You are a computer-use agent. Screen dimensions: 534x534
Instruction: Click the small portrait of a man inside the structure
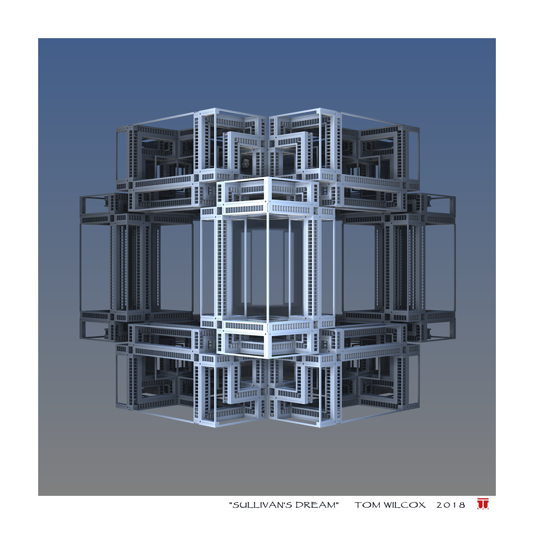(x=246, y=166)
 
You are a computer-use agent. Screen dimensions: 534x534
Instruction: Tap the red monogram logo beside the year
(x=483, y=504)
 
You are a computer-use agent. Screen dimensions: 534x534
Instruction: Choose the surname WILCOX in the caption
(x=405, y=505)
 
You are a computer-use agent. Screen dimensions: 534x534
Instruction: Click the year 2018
(x=450, y=505)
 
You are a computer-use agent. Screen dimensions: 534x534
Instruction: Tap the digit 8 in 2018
(x=462, y=505)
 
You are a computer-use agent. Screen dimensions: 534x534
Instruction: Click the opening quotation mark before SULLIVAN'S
(x=230, y=503)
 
